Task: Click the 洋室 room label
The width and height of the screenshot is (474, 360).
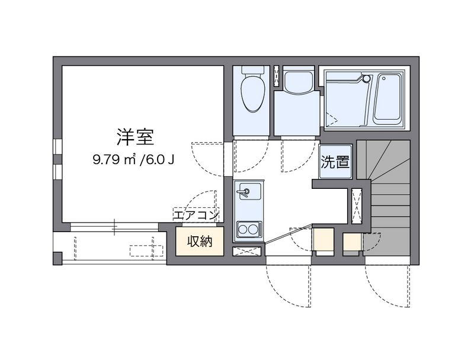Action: pos(136,137)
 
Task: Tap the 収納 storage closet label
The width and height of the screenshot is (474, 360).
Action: pos(200,241)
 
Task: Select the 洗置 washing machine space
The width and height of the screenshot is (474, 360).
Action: pos(335,162)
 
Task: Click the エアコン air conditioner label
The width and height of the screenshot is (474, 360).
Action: pos(196,215)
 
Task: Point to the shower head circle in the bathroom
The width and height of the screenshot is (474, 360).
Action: pos(366,79)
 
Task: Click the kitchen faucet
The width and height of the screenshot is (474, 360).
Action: pos(244,191)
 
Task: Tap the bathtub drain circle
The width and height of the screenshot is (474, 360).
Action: pos(383,78)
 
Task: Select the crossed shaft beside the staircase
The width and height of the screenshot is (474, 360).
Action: pos(357,206)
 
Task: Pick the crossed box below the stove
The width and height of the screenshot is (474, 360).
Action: pos(246,251)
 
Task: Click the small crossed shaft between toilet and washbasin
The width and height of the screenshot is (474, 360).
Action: pos(277,74)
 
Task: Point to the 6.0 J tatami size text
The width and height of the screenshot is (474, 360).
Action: pos(159,159)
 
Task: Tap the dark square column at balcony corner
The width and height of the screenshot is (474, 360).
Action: pos(57,258)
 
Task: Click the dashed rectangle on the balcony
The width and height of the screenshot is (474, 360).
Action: pos(146,250)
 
